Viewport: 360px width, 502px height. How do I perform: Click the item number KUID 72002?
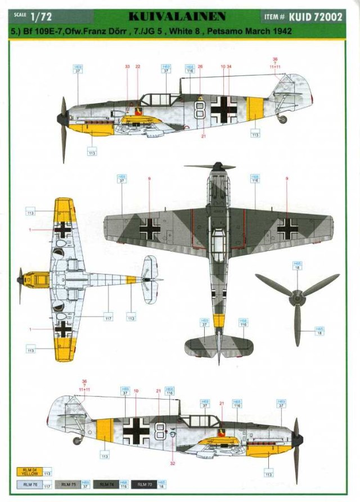[x=319, y=17]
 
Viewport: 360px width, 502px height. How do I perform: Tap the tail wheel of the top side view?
[x=282, y=119]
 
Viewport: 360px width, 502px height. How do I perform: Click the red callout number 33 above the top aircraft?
[x=127, y=66]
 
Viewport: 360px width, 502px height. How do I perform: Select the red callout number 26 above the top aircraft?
[x=200, y=66]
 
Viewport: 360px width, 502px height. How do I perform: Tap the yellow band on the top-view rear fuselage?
[x=219, y=321]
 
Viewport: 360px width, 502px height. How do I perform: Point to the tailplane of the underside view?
[x=150, y=280]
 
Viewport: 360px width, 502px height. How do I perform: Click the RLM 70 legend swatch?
[x=142, y=484]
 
